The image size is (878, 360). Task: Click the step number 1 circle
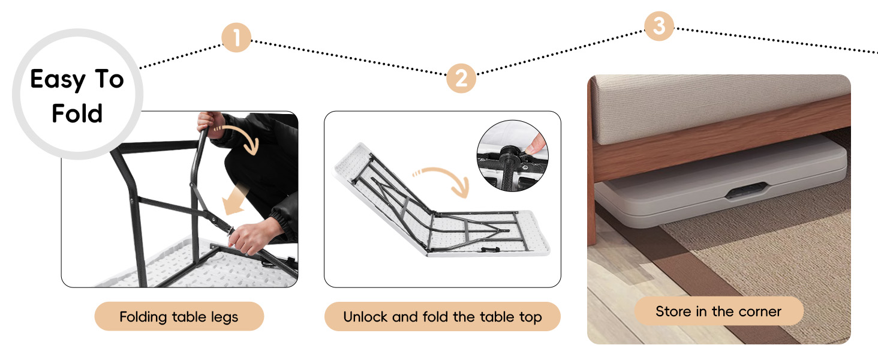236,38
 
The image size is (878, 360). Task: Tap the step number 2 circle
461,79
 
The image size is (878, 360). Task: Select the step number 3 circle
659,26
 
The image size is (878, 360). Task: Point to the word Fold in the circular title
77,113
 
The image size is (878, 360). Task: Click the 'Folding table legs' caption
179,316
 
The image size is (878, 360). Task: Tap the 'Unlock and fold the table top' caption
442,316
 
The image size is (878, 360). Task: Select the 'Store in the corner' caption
718,311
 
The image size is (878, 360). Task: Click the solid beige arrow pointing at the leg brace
236,201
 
